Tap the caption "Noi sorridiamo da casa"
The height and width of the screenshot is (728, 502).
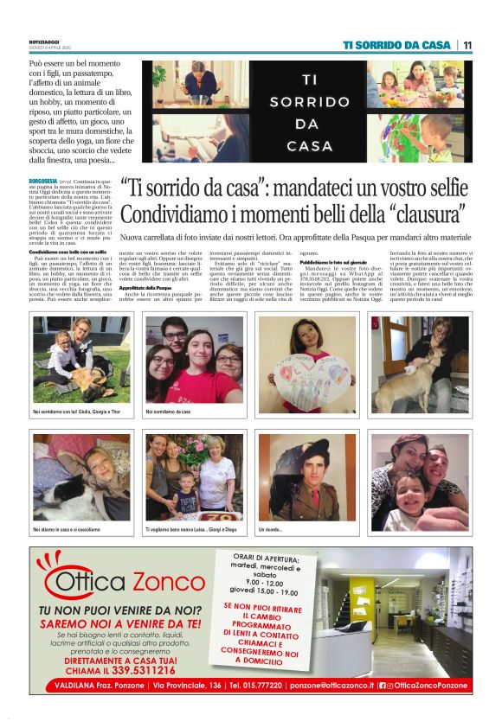pyautogui.click(x=167, y=412)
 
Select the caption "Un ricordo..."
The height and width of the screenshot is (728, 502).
pyautogui.click(x=270, y=527)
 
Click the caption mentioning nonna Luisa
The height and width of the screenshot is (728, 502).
pyautogui.click(x=190, y=527)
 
